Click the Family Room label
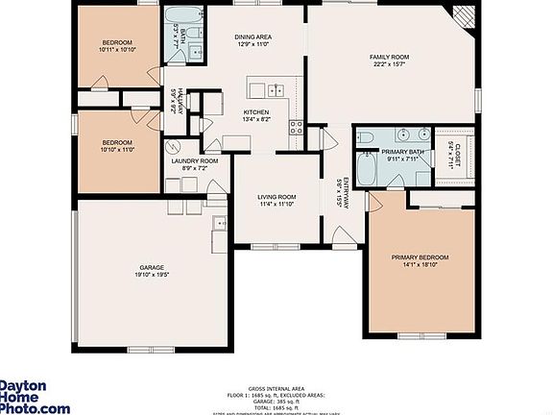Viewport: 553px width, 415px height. [390, 58]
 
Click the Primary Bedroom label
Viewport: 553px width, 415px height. [420, 257]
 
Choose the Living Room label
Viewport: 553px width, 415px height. [277, 197]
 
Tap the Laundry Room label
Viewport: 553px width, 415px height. [195, 160]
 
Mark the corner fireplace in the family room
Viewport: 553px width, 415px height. [464, 16]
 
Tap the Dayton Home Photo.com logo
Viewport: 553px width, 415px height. [34, 396]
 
